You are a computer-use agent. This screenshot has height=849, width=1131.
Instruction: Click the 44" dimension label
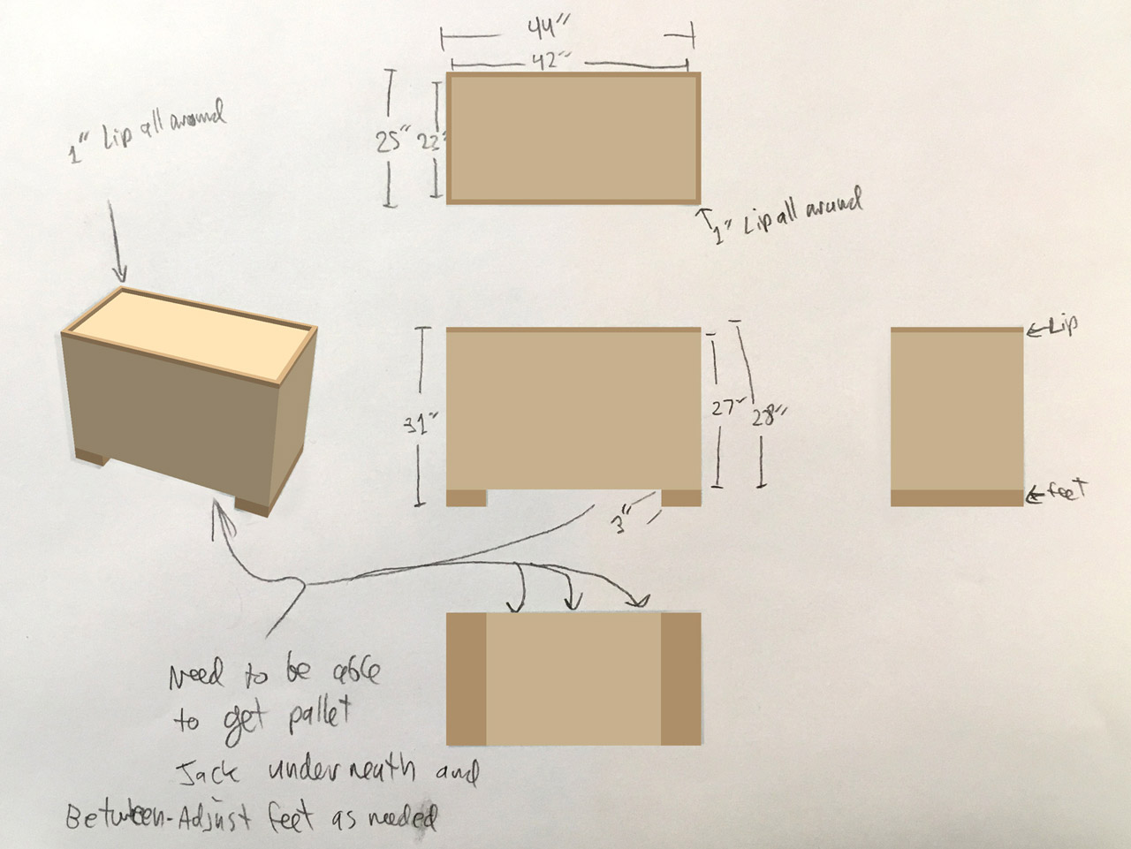541,29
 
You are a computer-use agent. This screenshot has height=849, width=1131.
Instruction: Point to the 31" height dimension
420,424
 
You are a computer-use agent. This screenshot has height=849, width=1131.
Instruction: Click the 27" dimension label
726,408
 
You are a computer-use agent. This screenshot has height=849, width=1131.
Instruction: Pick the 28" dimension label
767,415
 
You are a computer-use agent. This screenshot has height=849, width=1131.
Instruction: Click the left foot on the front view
466,497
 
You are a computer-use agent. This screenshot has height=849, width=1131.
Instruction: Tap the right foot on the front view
680,497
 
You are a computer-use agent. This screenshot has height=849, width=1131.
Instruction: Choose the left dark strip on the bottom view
467,678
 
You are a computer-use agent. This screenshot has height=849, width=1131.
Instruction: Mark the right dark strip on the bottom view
680,678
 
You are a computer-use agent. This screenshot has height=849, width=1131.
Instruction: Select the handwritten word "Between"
111,817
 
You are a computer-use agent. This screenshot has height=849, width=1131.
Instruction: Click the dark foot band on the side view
957,497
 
